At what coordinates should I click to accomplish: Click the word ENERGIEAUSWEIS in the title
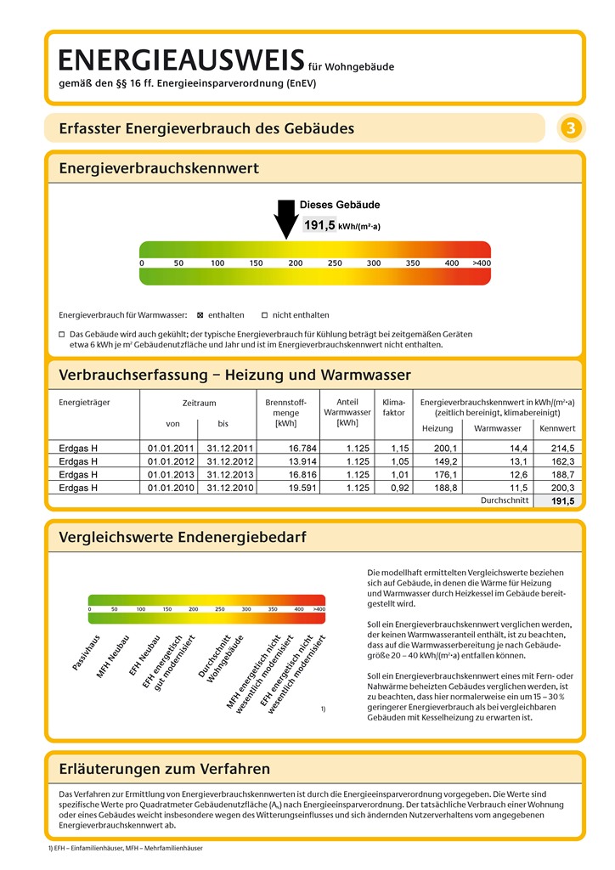[181, 59]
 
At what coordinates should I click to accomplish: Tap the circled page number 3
[571, 128]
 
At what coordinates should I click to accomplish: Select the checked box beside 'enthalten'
[200, 314]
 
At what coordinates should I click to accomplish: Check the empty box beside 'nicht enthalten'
[264, 314]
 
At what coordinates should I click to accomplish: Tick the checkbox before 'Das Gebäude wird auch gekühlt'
[62, 335]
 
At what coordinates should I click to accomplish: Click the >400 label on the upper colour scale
[482, 263]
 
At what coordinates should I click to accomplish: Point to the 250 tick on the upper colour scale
[335, 263]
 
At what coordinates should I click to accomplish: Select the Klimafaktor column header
[394, 408]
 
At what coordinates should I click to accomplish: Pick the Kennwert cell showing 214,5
[557, 448]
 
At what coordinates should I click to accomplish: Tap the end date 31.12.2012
[223, 461]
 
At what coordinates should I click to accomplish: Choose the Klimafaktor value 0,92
[399, 488]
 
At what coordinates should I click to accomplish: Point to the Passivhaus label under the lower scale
[86, 653]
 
